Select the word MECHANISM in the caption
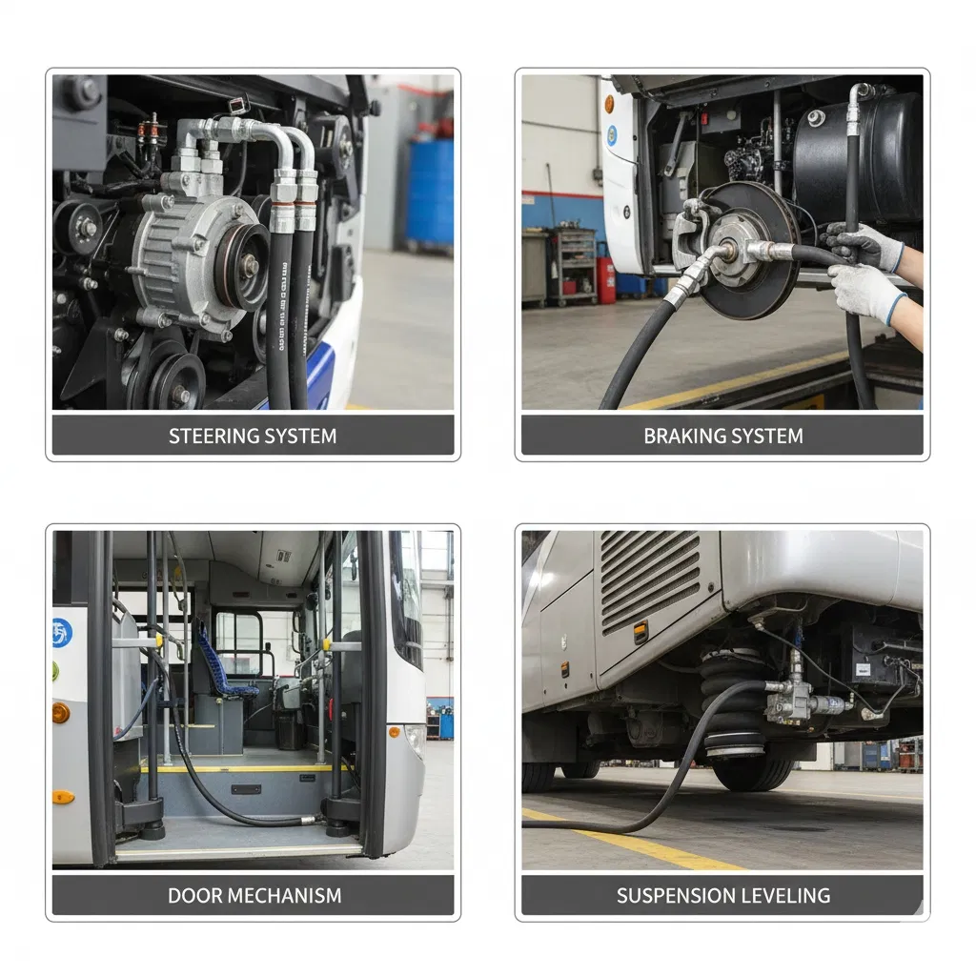[x=282, y=896]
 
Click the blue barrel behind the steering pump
[x=428, y=191]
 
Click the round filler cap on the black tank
[x=816, y=118]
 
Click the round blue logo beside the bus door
[x=62, y=632]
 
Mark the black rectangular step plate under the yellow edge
[x=245, y=790]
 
